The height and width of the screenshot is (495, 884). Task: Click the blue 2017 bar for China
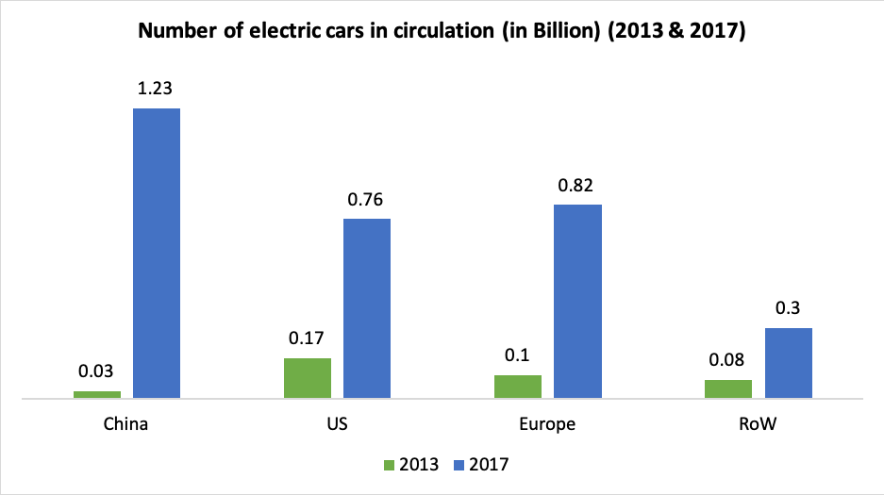(x=156, y=253)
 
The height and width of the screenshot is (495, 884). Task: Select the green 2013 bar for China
(x=97, y=394)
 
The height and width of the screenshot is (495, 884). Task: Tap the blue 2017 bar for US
(x=366, y=308)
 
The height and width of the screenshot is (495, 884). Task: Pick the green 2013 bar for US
(x=308, y=378)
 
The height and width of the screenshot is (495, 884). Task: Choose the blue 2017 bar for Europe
(x=577, y=301)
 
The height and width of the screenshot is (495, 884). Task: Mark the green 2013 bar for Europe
(x=518, y=387)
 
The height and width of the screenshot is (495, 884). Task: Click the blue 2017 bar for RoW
(x=788, y=363)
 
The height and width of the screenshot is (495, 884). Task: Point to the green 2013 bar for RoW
(x=729, y=388)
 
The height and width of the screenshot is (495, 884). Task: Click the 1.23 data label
(x=156, y=90)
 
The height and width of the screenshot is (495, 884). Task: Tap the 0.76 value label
(x=366, y=200)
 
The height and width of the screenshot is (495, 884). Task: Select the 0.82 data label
(x=577, y=185)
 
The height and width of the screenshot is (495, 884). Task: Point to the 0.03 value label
(x=97, y=371)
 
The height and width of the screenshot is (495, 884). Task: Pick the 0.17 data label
(x=308, y=339)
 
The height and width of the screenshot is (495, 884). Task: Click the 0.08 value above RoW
(x=729, y=360)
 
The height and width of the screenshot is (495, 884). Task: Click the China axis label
(x=126, y=423)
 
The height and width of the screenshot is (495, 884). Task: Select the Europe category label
(x=547, y=423)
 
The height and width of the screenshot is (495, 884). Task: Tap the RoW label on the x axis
(x=759, y=423)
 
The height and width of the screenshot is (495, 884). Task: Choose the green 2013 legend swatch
(x=391, y=464)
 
